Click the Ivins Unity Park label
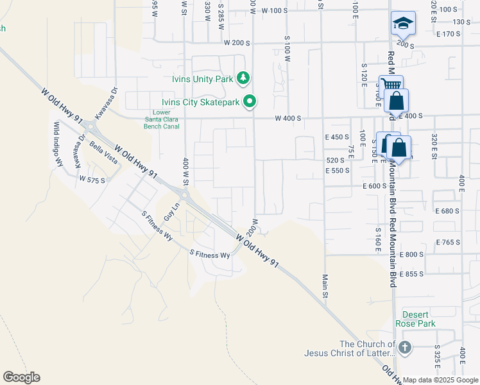202,79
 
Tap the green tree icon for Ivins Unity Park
243,78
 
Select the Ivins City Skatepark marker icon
251,101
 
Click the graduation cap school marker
403,24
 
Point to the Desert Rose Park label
418,319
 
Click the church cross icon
404,348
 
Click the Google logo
21,377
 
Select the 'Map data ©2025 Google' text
440,380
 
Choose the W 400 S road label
287,119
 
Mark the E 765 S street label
448,242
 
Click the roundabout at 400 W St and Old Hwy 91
185,194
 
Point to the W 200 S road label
236,42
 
